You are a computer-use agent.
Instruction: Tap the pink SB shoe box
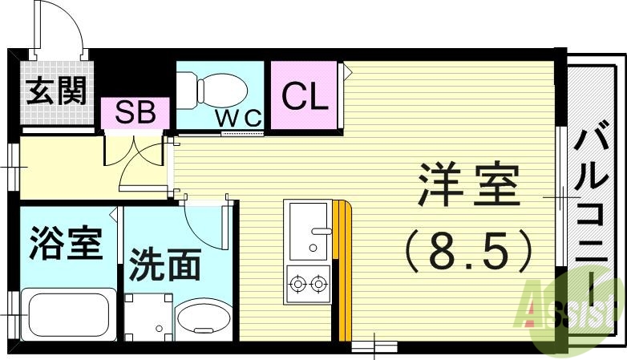click(x=135, y=113)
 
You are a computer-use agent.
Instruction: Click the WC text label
click(x=238, y=118)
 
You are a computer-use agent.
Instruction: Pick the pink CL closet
click(x=304, y=97)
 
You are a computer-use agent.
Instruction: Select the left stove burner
click(x=299, y=282)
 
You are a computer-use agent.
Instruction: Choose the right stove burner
click(x=319, y=282)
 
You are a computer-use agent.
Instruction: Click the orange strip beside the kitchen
click(x=343, y=269)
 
